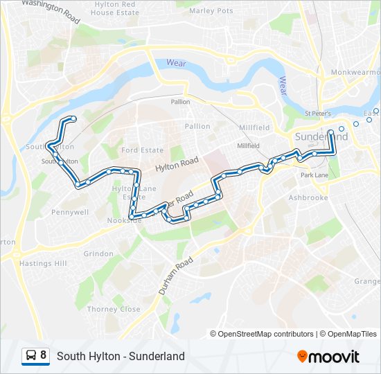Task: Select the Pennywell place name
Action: [70, 212]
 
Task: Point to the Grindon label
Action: [98, 254]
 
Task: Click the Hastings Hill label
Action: [44, 264]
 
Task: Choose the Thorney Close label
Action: [114, 310]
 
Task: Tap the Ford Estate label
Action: [142, 150]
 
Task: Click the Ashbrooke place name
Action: [308, 197]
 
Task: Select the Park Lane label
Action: [314, 176]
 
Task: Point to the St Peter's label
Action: [318, 113]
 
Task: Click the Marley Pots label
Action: [211, 11]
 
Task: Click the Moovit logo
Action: [328, 357]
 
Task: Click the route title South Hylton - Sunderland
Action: [121, 356]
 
